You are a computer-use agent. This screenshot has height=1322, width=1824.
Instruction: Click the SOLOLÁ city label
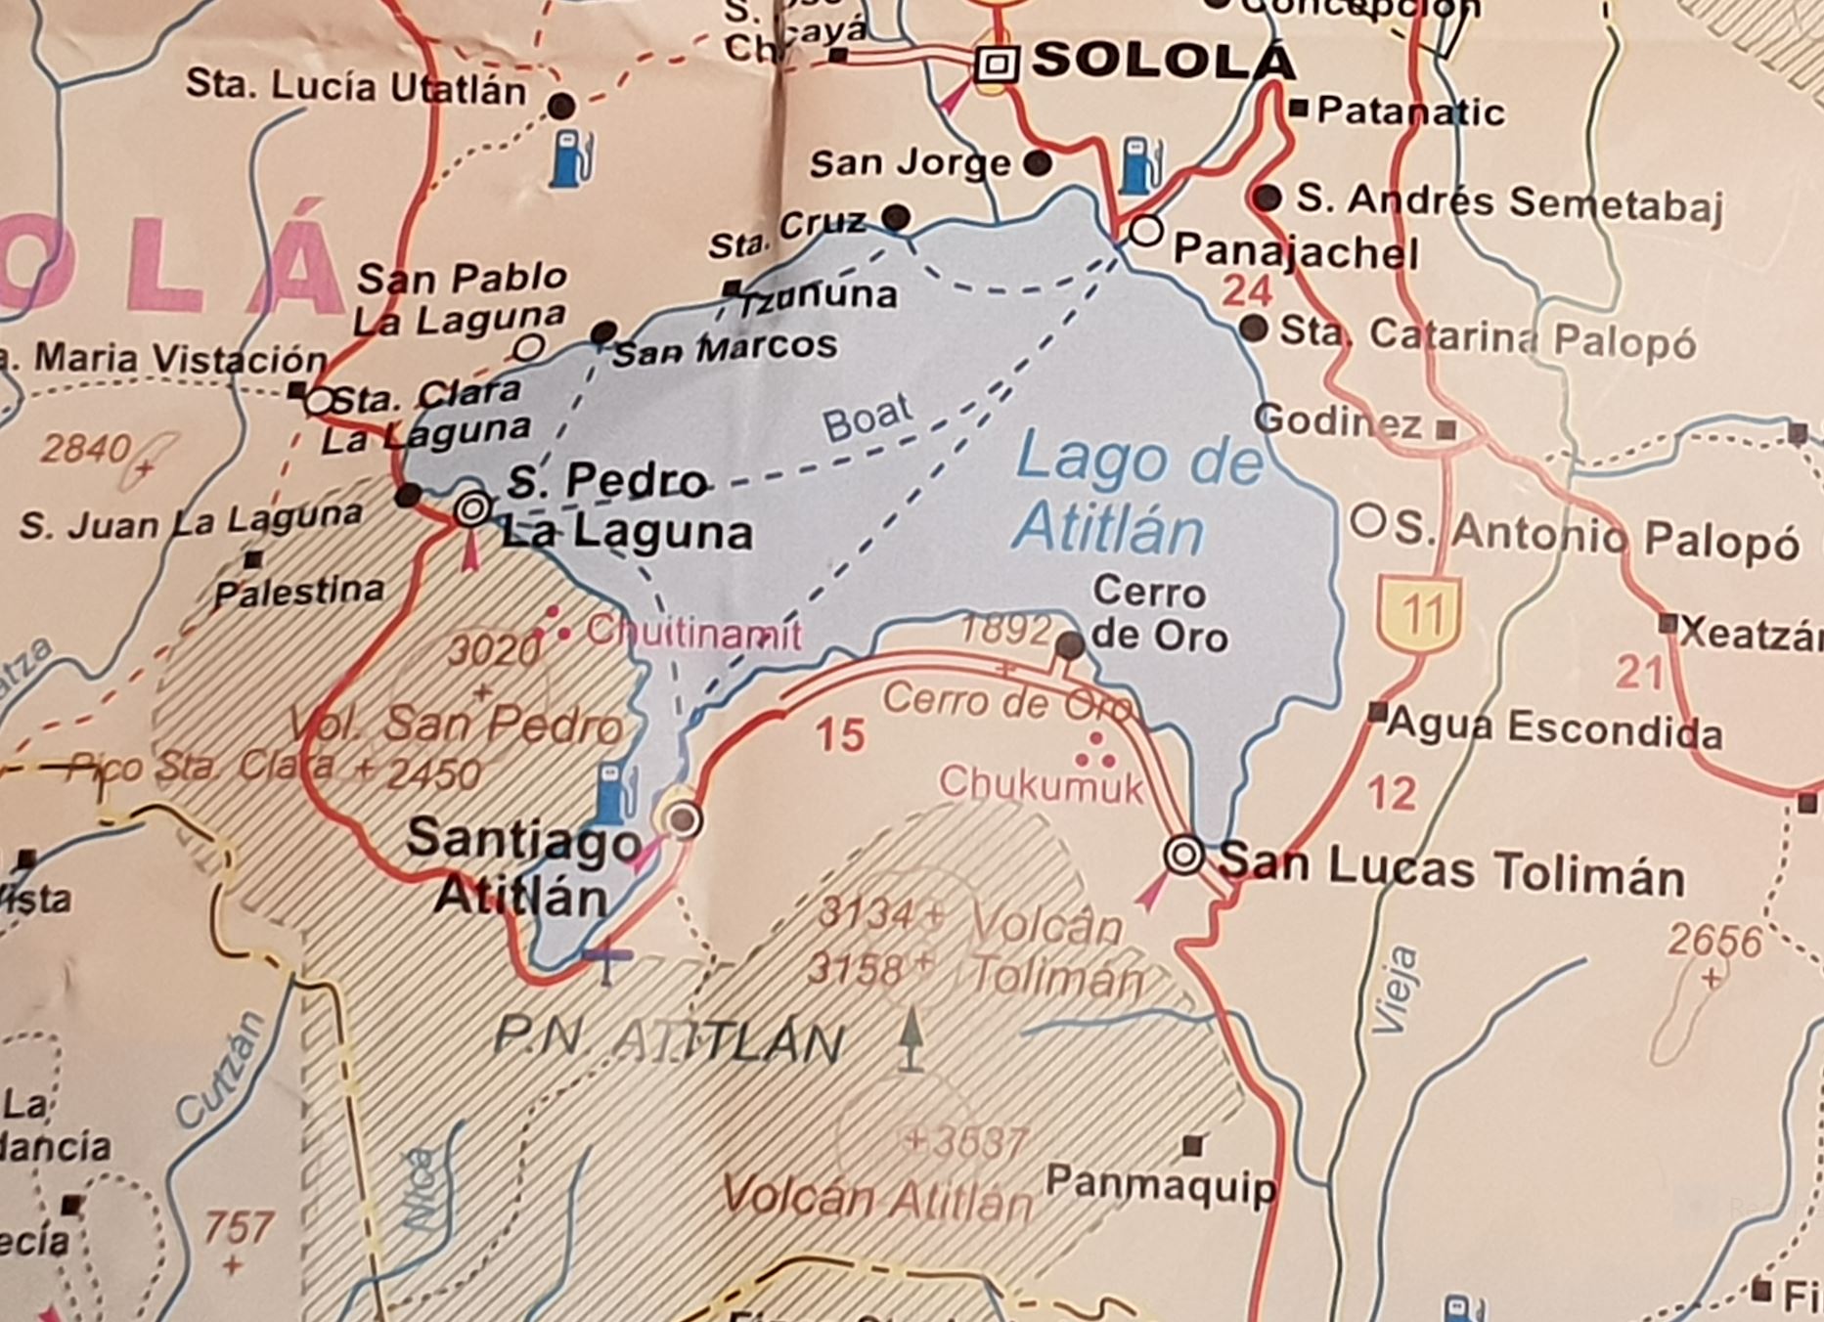(x=1163, y=61)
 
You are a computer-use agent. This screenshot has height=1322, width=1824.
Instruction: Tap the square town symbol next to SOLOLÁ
(x=997, y=66)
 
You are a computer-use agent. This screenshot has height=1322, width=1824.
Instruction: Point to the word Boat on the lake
(x=867, y=418)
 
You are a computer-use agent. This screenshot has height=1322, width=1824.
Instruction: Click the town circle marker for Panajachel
(x=1145, y=232)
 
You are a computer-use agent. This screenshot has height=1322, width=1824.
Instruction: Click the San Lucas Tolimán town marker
(x=1183, y=855)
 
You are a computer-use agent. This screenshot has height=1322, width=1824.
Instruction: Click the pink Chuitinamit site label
(x=693, y=633)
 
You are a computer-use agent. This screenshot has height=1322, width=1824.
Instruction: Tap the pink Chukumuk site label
(x=1041, y=784)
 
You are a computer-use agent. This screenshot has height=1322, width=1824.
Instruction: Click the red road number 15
(x=840, y=735)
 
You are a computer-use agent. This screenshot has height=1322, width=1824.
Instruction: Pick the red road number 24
(x=1247, y=290)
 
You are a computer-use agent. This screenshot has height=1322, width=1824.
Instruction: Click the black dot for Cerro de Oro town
(x=1070, y=644)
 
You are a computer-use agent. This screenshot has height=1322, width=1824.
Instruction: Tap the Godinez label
(x=1338, y=421)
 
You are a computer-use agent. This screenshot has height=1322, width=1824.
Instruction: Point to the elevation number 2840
(x=86, y=449)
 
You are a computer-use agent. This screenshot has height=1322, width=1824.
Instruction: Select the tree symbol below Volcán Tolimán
(x=911, y=1038)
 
